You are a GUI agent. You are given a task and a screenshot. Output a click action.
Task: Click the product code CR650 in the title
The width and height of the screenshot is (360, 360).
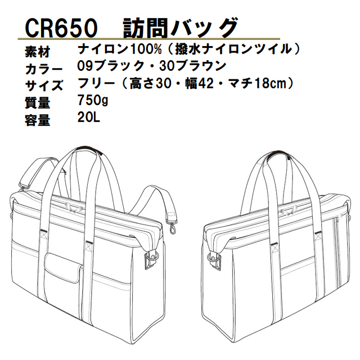(x=61, y=29)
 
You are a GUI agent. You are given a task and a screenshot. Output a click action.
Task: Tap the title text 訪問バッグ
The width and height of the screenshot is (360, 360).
(x=180, y=28)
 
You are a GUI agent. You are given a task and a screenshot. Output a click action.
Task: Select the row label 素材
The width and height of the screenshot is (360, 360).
(x=38, y=52)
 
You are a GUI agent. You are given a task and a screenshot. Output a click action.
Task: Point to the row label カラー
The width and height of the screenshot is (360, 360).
(x=44, y=69)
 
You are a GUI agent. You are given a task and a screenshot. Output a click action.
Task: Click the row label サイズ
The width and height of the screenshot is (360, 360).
(x=44, y=85)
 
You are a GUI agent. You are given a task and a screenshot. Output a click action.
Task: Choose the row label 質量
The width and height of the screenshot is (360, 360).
(x=38, y=102)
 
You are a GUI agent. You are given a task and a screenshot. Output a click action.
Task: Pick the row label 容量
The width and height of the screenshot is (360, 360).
(x=38, y=120)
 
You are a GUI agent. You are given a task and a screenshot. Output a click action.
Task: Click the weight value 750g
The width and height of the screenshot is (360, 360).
(x=93, y=100)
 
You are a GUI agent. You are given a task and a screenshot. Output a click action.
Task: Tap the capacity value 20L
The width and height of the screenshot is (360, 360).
(x=89, y=118)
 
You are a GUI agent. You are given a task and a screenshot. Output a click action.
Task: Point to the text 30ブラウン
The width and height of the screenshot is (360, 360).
(x=193, y=66)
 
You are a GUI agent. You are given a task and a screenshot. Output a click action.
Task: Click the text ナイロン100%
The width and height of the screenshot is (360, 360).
(x=120, y=49)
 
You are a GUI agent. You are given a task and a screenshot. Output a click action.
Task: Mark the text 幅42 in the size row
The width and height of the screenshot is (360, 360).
(x=199, y=83)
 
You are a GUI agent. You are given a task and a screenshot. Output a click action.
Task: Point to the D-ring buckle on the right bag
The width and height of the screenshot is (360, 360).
(x=215, y=260)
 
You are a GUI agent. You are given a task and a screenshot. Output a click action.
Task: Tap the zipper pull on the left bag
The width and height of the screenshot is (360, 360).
(x=74, y=208)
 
